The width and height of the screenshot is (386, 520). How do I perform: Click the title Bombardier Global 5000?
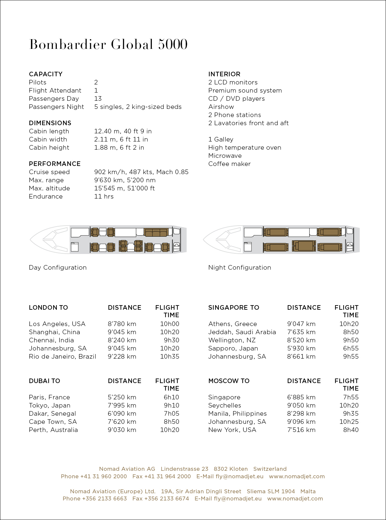tap(108, 44)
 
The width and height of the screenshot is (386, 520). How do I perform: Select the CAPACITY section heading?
tap(46, 74)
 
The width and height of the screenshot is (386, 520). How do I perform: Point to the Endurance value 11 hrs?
tap(104, 196)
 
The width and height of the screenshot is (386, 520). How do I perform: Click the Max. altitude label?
tap(49, 188)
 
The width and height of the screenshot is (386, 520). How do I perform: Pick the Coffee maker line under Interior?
tap(229, 164)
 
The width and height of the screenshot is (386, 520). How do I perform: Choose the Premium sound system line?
tap(245, 90)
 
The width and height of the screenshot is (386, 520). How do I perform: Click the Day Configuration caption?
tap(58, 267)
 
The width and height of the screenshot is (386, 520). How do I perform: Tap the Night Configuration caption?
tap(240, 267)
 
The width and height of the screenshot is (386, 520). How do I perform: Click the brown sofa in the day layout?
tap(156, 232)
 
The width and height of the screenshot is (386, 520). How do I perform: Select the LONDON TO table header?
tap(48, 307)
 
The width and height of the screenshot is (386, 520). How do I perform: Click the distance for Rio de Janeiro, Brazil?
tap(122, 356)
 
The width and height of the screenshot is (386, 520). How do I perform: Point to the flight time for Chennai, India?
tap(171, 340)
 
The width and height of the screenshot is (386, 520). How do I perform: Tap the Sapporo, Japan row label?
tap(233, 348)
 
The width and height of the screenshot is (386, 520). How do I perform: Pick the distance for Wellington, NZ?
tap(301, 340)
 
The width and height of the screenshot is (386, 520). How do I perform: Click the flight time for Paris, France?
tap(171, 397)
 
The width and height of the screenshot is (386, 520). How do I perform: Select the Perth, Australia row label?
tap(53, 430)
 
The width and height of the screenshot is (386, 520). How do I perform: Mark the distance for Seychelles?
tap(301, 405)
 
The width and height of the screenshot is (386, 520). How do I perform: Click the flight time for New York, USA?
tap(351, 430)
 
